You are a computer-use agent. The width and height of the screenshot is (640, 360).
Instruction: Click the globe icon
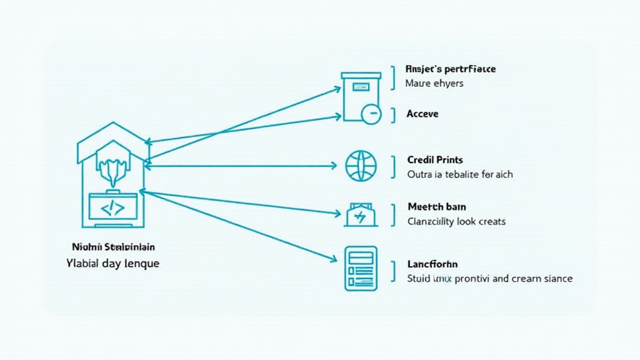pyautogui.click(x=361, y=165)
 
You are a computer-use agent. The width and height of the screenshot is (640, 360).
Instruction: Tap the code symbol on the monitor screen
pyautogui.click(x=112, y=209)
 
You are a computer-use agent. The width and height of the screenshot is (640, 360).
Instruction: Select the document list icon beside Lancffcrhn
pyautogui.click(x=361, y=268)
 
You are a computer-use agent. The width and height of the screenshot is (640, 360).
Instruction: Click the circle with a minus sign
pyautogui.click(x=371, y=114)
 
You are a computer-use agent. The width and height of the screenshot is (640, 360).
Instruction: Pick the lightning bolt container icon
pyautogui.click(x=361, y=215)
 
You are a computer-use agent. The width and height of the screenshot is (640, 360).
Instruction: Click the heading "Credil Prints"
pyautogui.click(x=434, y=160)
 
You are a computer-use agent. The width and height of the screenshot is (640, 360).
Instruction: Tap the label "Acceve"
pyautogui.click(x=422, y=114)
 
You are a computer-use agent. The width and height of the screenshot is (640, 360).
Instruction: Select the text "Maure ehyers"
pyautogui.click(x=434, y=82)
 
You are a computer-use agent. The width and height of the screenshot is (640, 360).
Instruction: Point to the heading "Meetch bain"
pyautogui.click(x=436, y=206)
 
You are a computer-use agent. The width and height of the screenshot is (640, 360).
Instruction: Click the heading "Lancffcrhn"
pyautogui.click(x=432, y=264)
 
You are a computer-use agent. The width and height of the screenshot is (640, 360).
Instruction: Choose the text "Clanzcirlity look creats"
pyautogui.click(x=456, y=221)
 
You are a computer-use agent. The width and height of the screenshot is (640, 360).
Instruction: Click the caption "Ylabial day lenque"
pyautogui.click(x=112, y=263)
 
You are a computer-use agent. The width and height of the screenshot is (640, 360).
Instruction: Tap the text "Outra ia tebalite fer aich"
pyautogui.click(x=459, y=174)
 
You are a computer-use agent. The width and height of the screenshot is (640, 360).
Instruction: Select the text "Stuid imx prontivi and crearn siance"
pyautogui.click(x=489, y=278)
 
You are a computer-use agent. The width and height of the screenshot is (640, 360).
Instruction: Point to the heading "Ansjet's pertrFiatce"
pyautogui.click(x=450, y=69)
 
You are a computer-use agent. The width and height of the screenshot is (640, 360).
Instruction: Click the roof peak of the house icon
pyautogui.click(x=112, y=123)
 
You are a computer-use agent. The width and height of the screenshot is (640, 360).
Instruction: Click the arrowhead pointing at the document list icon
pyautogui.click(x=336, y=259)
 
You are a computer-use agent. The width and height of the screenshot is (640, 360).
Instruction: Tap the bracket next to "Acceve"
pyautogui.click(x=393, y=114)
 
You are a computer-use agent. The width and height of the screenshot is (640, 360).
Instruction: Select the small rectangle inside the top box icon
pyautogui.click(x=361, y=86)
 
